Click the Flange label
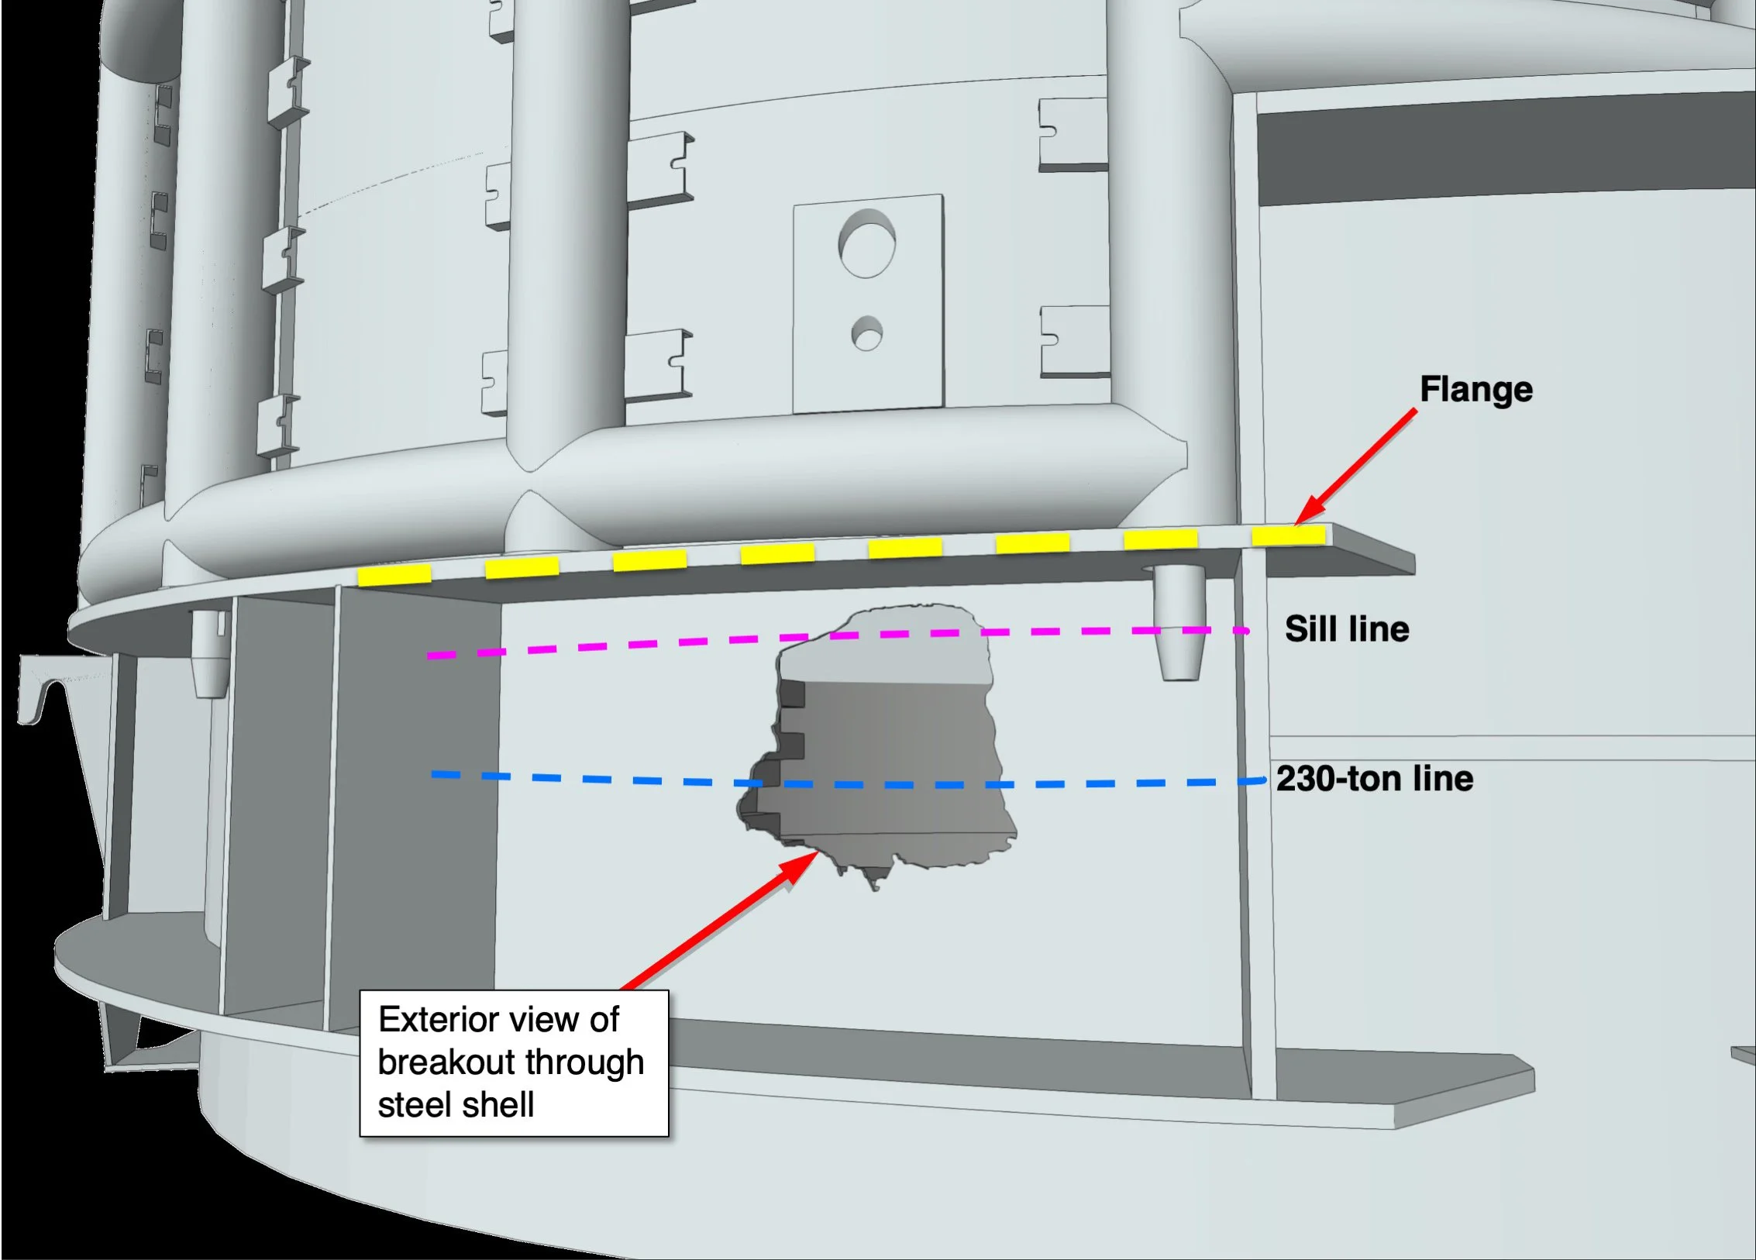point(1475,390)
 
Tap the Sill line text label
point(1347,629)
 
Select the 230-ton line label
point(1375,779)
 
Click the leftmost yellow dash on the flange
point(394,574)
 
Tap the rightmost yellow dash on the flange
point(1288,535)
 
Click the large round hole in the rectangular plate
point(866,243)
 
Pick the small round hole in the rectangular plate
point(866,333)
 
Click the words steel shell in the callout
point(456,1105)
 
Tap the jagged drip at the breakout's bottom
point(874,878)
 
